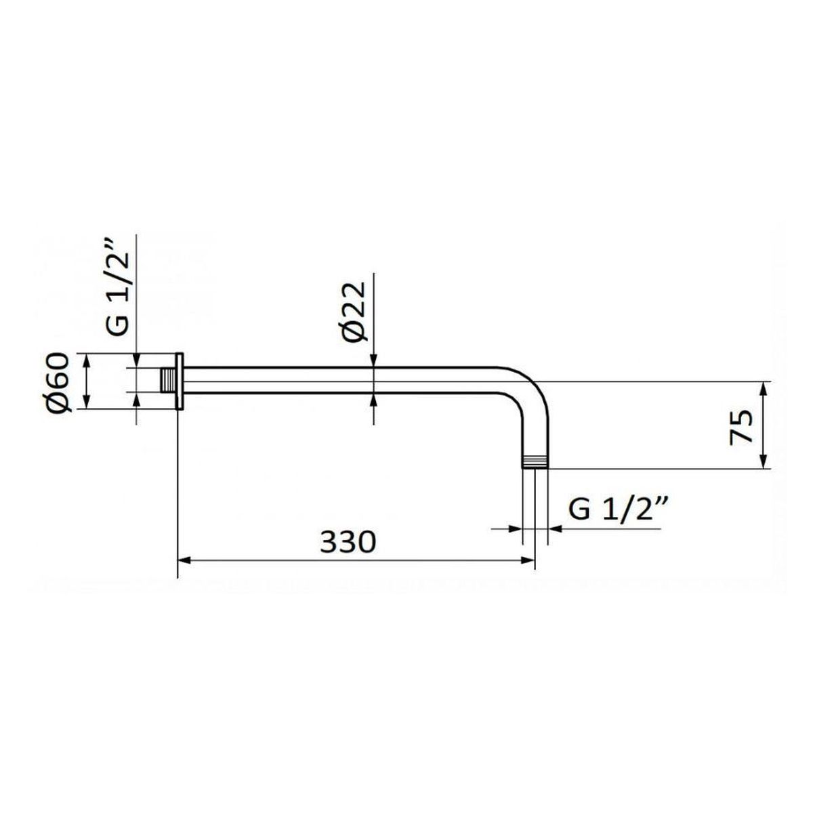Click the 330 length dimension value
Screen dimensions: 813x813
click(x=348, y=542)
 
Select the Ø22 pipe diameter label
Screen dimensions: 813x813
click(x=354, y=312)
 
